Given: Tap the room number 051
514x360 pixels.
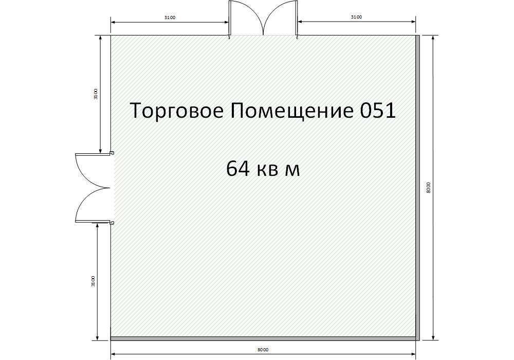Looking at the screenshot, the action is pyautogui.click(x=378, y=111).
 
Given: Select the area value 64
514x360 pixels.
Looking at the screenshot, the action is pyautogui.click(x=237, y=169).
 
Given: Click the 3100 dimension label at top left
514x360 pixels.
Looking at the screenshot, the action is pyautogui.click(x=170, y=17).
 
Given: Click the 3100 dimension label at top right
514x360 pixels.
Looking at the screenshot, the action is pyautogui.click(x=356, y=17).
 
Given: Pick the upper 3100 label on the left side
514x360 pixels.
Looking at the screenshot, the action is pyautogui.click(x=96, y=94).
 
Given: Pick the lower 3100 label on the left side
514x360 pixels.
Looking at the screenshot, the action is pyautogui.click(x=93, y=282).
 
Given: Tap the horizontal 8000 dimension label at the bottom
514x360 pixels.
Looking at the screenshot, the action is pyautogui.click(x=263, y=350).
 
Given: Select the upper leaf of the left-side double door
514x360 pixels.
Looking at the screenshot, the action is pyautogui.click(x=93, y=170).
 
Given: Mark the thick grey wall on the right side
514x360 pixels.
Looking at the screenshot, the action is pyautogui.click(x=417, y=188).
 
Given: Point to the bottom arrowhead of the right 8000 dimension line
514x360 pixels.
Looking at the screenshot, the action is pyautogui.click(x=433, y=338).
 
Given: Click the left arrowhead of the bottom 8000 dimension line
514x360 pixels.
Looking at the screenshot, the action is pyautogui.click(x=114, y=354).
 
